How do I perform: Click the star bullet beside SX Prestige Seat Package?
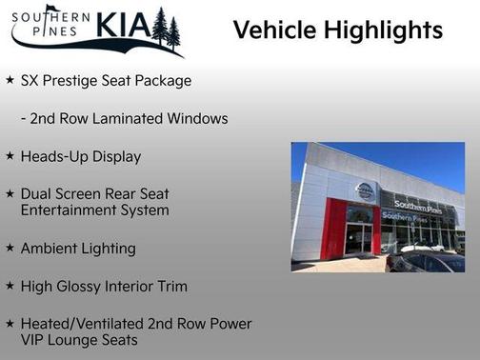click(10, 80)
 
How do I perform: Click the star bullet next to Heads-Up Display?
click(10, 156)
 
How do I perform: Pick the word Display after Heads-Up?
click(115, 156)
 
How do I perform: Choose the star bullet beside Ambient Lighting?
click(10, 248)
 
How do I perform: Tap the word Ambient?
click(49, 249)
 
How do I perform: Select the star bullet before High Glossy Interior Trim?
click(10, 286)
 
